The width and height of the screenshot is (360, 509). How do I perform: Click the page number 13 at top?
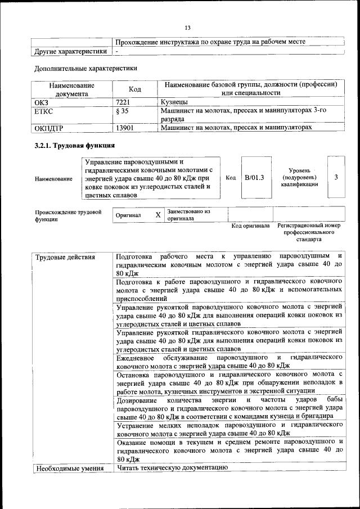tap(188, 28)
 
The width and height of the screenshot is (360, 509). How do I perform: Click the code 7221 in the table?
tap(123, 102)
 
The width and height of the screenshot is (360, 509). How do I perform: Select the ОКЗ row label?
tap(43, 102)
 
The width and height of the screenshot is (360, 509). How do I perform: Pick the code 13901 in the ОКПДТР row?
tap(124, 128)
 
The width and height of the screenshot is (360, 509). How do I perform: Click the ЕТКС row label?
tap(44, 111)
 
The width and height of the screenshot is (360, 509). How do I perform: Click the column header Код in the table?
tap(135, 89)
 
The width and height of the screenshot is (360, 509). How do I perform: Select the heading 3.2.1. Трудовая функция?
tap(77, 146)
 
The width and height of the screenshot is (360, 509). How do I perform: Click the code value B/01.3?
tap(254, 178)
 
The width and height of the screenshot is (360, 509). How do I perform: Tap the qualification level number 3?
tap(336, 178)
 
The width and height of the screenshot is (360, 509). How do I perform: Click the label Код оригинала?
tap(251, 226)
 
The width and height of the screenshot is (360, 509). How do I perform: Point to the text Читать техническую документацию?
tap(172, 468)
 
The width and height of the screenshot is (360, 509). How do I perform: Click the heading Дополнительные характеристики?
tap(86, 69)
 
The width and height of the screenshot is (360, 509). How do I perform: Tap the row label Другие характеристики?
tap(70, 51)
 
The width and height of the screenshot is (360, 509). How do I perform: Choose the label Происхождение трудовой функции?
tap(68, 216)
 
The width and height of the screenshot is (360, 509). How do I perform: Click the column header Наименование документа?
tap(71, 89)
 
